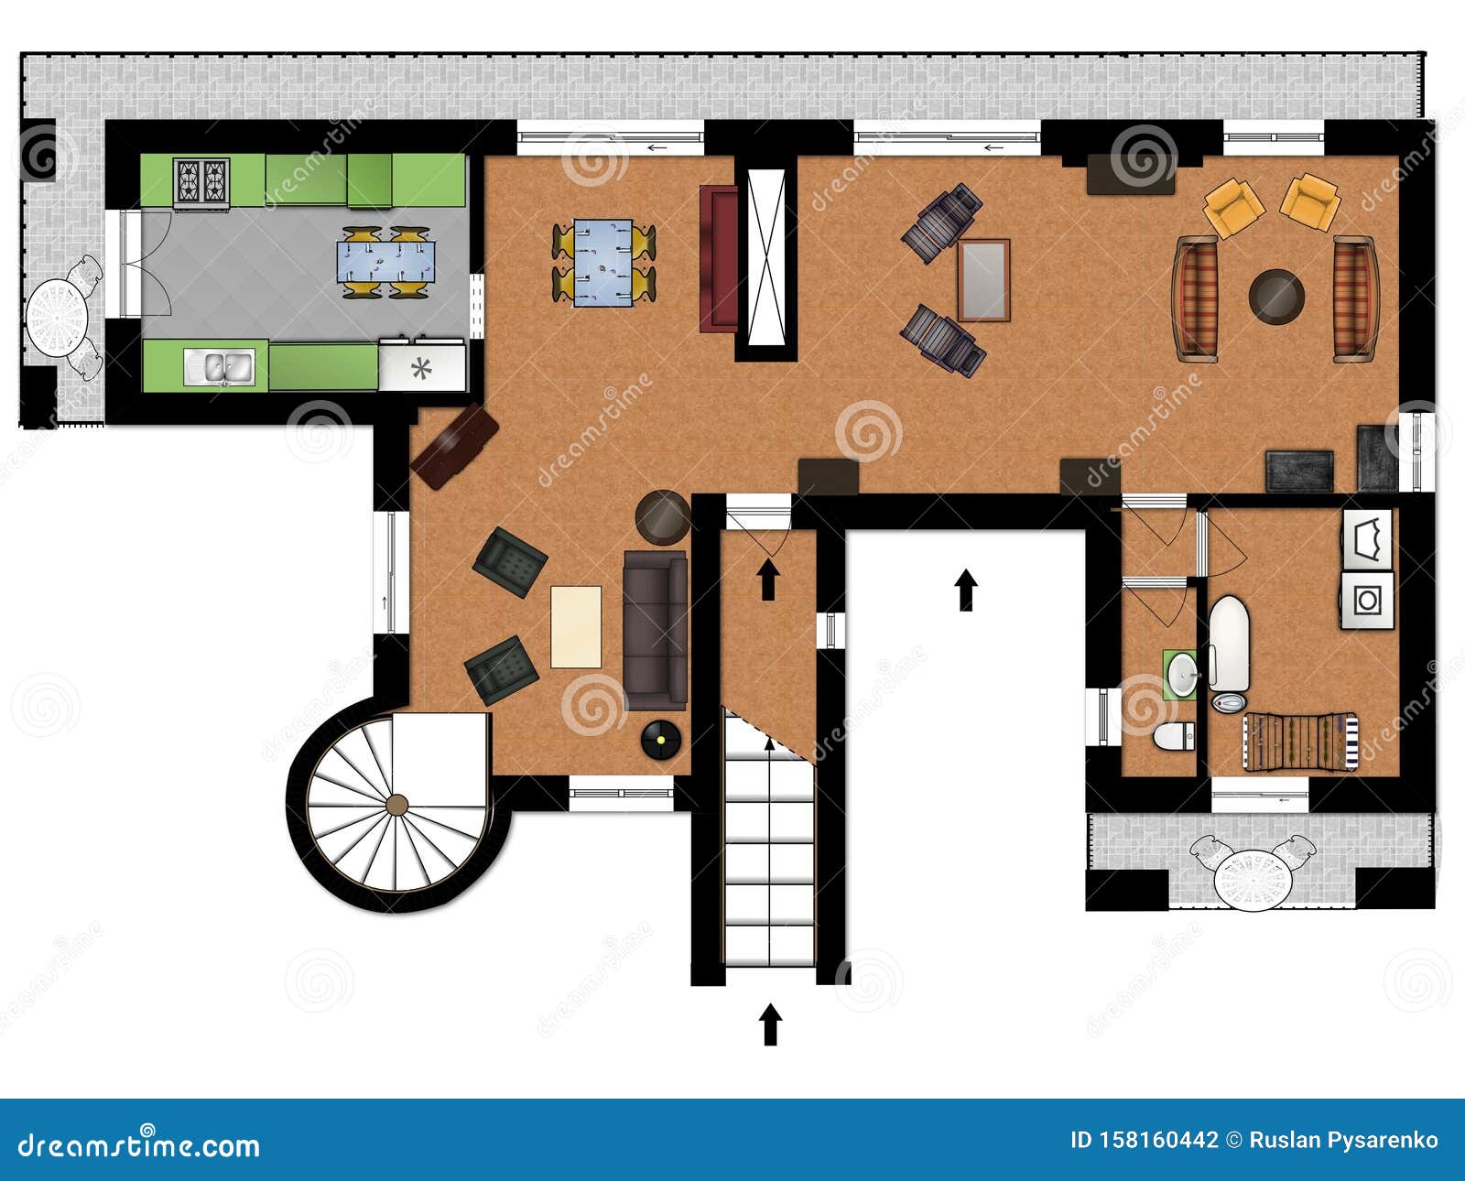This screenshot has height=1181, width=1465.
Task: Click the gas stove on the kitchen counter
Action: [201, 180]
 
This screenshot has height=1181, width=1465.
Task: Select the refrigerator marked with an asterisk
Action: [422, 368]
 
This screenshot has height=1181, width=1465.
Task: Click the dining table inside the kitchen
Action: [385, 261]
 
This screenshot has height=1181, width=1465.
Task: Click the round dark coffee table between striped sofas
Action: [1276, 296]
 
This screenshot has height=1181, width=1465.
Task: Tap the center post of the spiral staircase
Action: [396, 805]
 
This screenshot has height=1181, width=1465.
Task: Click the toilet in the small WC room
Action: [1175, 735]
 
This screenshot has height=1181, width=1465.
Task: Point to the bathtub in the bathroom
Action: [1229, 644]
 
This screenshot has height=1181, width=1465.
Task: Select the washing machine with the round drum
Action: [1367, 601]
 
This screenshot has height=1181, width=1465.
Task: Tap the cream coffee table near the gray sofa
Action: [576, 627]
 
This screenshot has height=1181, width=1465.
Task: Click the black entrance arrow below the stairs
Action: [770, 1024]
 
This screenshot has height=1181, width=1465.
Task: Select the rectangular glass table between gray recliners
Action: [984, 280]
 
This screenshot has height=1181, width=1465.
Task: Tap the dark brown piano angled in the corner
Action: [454, 446]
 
